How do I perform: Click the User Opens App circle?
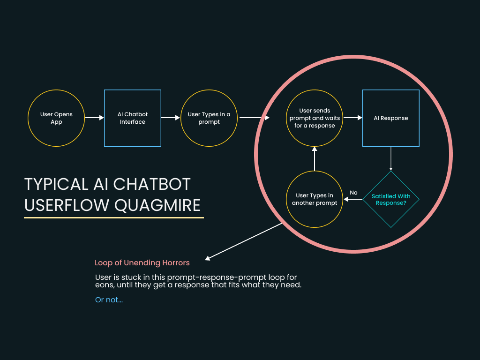(56, 118)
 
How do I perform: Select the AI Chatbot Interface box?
(133, 118)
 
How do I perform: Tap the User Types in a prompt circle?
(209, 118)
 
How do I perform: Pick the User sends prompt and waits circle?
(315, 118)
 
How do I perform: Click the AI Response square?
(391, 118)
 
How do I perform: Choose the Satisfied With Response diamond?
(391, 199)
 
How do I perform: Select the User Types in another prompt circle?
(315, 199)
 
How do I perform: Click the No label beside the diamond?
(353, 193)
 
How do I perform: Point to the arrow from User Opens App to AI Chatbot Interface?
(94, 118)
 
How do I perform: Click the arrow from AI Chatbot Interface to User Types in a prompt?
(171, 118)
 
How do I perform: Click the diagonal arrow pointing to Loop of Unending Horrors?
(244, 241)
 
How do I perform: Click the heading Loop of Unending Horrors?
(142, 263)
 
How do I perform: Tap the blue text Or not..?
(109, 300)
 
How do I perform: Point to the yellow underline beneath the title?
(114, 217)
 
